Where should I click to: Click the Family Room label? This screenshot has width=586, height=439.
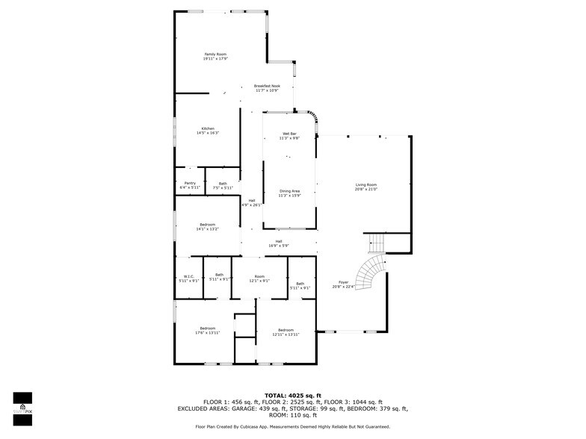(215, 57)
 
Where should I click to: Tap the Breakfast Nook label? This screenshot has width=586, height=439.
(267, 88)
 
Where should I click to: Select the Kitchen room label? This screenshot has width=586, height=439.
(208, 131)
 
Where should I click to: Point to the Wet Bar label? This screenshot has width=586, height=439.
(289, 136)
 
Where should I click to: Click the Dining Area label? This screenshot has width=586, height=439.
(289, 193)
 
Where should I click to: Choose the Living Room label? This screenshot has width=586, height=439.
(366, 187)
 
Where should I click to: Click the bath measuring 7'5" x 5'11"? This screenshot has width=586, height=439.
(223, 186)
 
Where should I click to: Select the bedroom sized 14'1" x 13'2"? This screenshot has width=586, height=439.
(208, 227)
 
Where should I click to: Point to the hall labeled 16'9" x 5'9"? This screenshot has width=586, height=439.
(279, 243)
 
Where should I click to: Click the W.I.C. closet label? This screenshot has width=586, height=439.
(188, 278)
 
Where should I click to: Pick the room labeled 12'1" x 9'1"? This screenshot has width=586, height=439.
(259, 278)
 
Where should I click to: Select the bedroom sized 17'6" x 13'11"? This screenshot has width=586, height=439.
(207, 331)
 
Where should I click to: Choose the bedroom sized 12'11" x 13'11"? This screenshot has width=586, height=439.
(286, 332)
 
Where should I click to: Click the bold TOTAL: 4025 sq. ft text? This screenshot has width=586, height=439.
(293, 395)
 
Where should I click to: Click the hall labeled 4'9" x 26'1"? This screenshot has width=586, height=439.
(252, 202)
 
